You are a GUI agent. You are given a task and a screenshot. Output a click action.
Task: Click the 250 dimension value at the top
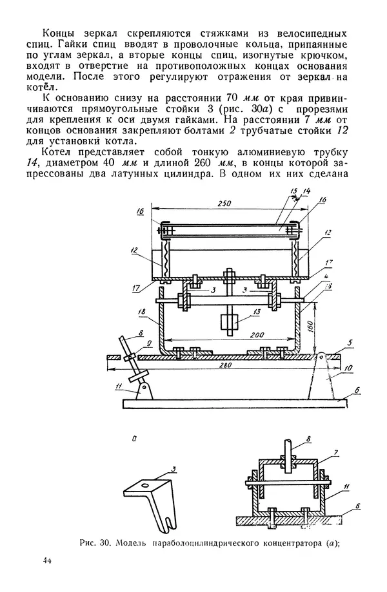click(x=224, y=203)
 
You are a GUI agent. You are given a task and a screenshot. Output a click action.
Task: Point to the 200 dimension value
click(x=257, y=335)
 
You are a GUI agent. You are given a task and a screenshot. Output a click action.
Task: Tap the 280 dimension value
click(x=226, y=365)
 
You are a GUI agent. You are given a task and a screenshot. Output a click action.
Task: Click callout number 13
click(x=257, y=312)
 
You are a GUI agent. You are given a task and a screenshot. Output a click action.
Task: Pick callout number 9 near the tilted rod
click(x=148, y=343)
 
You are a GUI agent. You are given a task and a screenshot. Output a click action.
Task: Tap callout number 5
click(x=350, y=343)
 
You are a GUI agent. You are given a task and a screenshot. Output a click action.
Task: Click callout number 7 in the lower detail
click(x=335, y=453)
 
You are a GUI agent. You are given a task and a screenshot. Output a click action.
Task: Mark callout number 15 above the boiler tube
click(x=293, y=191)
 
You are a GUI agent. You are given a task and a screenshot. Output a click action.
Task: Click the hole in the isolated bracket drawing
click(x=144, y=484)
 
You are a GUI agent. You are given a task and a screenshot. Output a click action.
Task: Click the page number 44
click(x=47, y=560)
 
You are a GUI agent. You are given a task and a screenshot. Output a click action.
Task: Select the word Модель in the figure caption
click(x=130, y=543)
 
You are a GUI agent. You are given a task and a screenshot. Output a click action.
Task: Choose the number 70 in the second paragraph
click(x=232, y=97)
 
